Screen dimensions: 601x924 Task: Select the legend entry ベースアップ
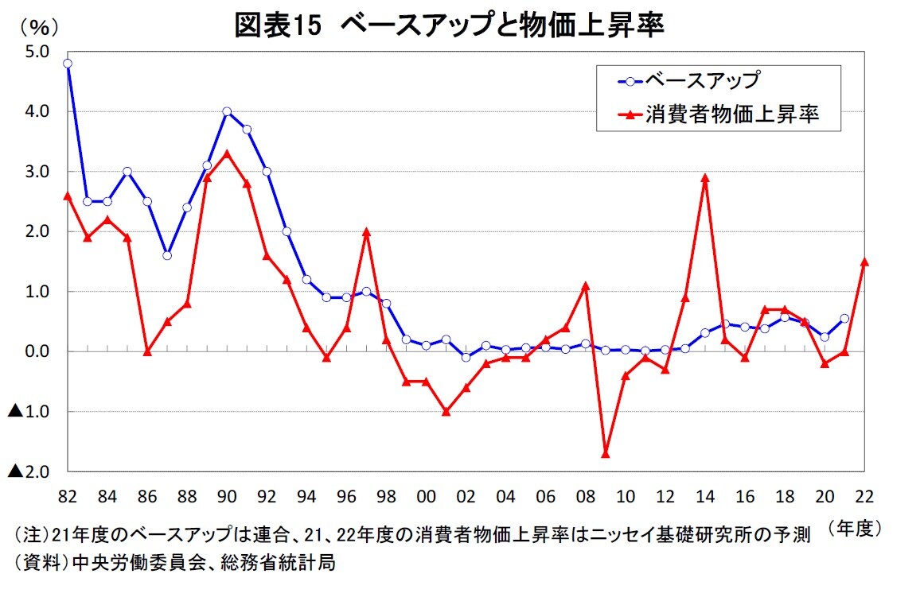[700, 80]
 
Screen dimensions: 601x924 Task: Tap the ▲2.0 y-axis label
[29, 471]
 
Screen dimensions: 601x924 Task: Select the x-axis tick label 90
[227, 497]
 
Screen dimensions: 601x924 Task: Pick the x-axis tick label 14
[705, 497]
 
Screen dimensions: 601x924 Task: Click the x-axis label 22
[864, 497]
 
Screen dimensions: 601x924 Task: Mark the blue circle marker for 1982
[68, 64]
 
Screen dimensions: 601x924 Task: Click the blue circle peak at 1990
[227, 111]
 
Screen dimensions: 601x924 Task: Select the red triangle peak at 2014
[705, 177]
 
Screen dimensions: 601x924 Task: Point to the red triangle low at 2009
[606, 453]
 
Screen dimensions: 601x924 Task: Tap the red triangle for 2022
[864, 262]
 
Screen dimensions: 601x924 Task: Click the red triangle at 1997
[366, 231]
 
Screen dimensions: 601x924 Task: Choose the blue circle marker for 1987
[167, 255]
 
